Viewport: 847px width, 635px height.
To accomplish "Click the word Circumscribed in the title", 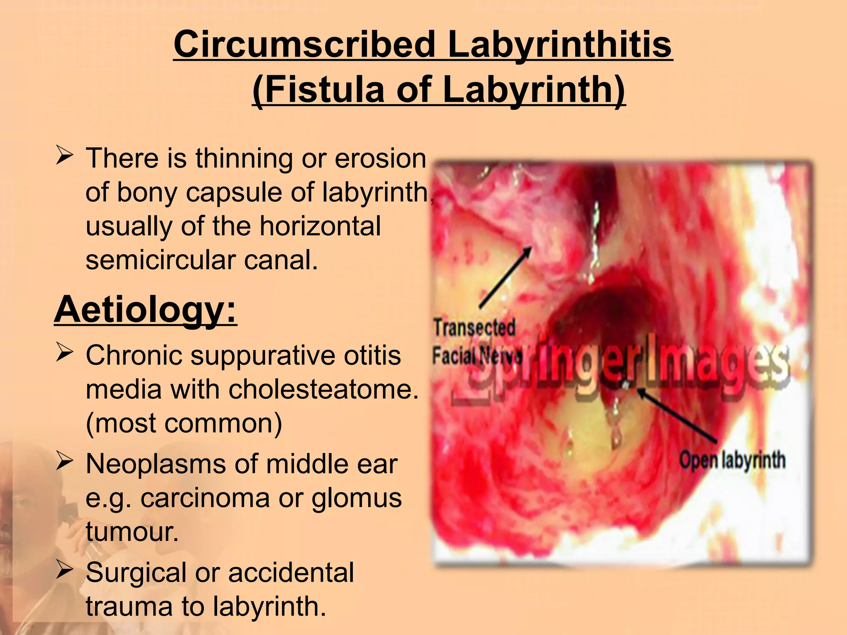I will point(304,45).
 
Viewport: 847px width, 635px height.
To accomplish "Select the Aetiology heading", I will point(146,310).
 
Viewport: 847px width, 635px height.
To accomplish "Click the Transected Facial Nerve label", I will point(476,341).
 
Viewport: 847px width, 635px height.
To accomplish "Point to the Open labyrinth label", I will point(732,460).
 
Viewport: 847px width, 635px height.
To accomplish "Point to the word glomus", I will point(356,498).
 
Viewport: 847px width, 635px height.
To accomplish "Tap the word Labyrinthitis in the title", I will point(560,45).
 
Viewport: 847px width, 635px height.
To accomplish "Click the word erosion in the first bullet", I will point(380,158).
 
